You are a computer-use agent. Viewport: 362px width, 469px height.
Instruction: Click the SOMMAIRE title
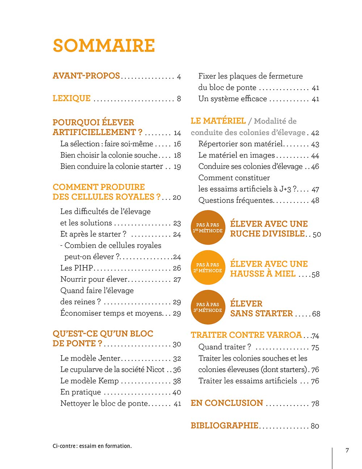tap(104, 46)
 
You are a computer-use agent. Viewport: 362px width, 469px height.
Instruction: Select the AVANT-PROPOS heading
tap(86, 76)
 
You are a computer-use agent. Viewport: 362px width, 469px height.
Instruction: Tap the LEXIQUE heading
tap(72, 98)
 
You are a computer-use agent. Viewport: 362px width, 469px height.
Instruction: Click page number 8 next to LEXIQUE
tap(179, 99)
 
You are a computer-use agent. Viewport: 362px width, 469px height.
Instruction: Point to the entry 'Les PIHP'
tap(77, 268)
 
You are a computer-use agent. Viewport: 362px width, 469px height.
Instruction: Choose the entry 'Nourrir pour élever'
tap(94, 279)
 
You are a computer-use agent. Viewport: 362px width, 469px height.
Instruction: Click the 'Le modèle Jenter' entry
tap(90, 358)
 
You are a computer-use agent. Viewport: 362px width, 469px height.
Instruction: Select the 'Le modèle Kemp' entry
tap(89, 381)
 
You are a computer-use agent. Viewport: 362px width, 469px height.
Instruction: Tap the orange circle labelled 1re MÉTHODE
tap(208, 228)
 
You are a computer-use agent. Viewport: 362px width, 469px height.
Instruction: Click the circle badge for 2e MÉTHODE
tap(208, 267)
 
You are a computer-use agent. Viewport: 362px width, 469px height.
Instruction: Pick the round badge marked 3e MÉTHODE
tap(208, 307)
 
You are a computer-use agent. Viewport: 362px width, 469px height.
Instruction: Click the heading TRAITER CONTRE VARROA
tap(246, 335)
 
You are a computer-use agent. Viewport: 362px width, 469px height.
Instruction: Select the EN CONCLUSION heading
tap(227, 403)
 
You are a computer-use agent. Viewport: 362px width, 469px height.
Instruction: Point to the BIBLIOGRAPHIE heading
tap(224, 426)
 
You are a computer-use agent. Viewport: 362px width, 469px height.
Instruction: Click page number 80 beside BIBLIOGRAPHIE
tap(315, 426)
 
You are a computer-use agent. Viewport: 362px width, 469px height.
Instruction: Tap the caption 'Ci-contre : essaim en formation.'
tap(92, 446)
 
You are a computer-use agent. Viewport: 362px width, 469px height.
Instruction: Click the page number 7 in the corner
tap(347, 451)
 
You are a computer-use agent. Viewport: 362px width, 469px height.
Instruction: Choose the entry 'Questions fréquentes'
tap(235, 200)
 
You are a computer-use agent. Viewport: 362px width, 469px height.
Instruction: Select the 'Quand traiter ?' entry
tap(224, 347)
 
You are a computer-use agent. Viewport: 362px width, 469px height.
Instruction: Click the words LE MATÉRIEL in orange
tap(218, 121)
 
